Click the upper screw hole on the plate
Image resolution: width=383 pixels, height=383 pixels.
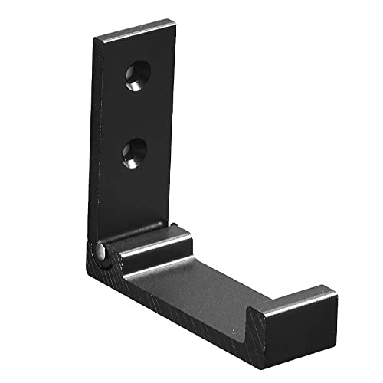(x=138, y=75)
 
